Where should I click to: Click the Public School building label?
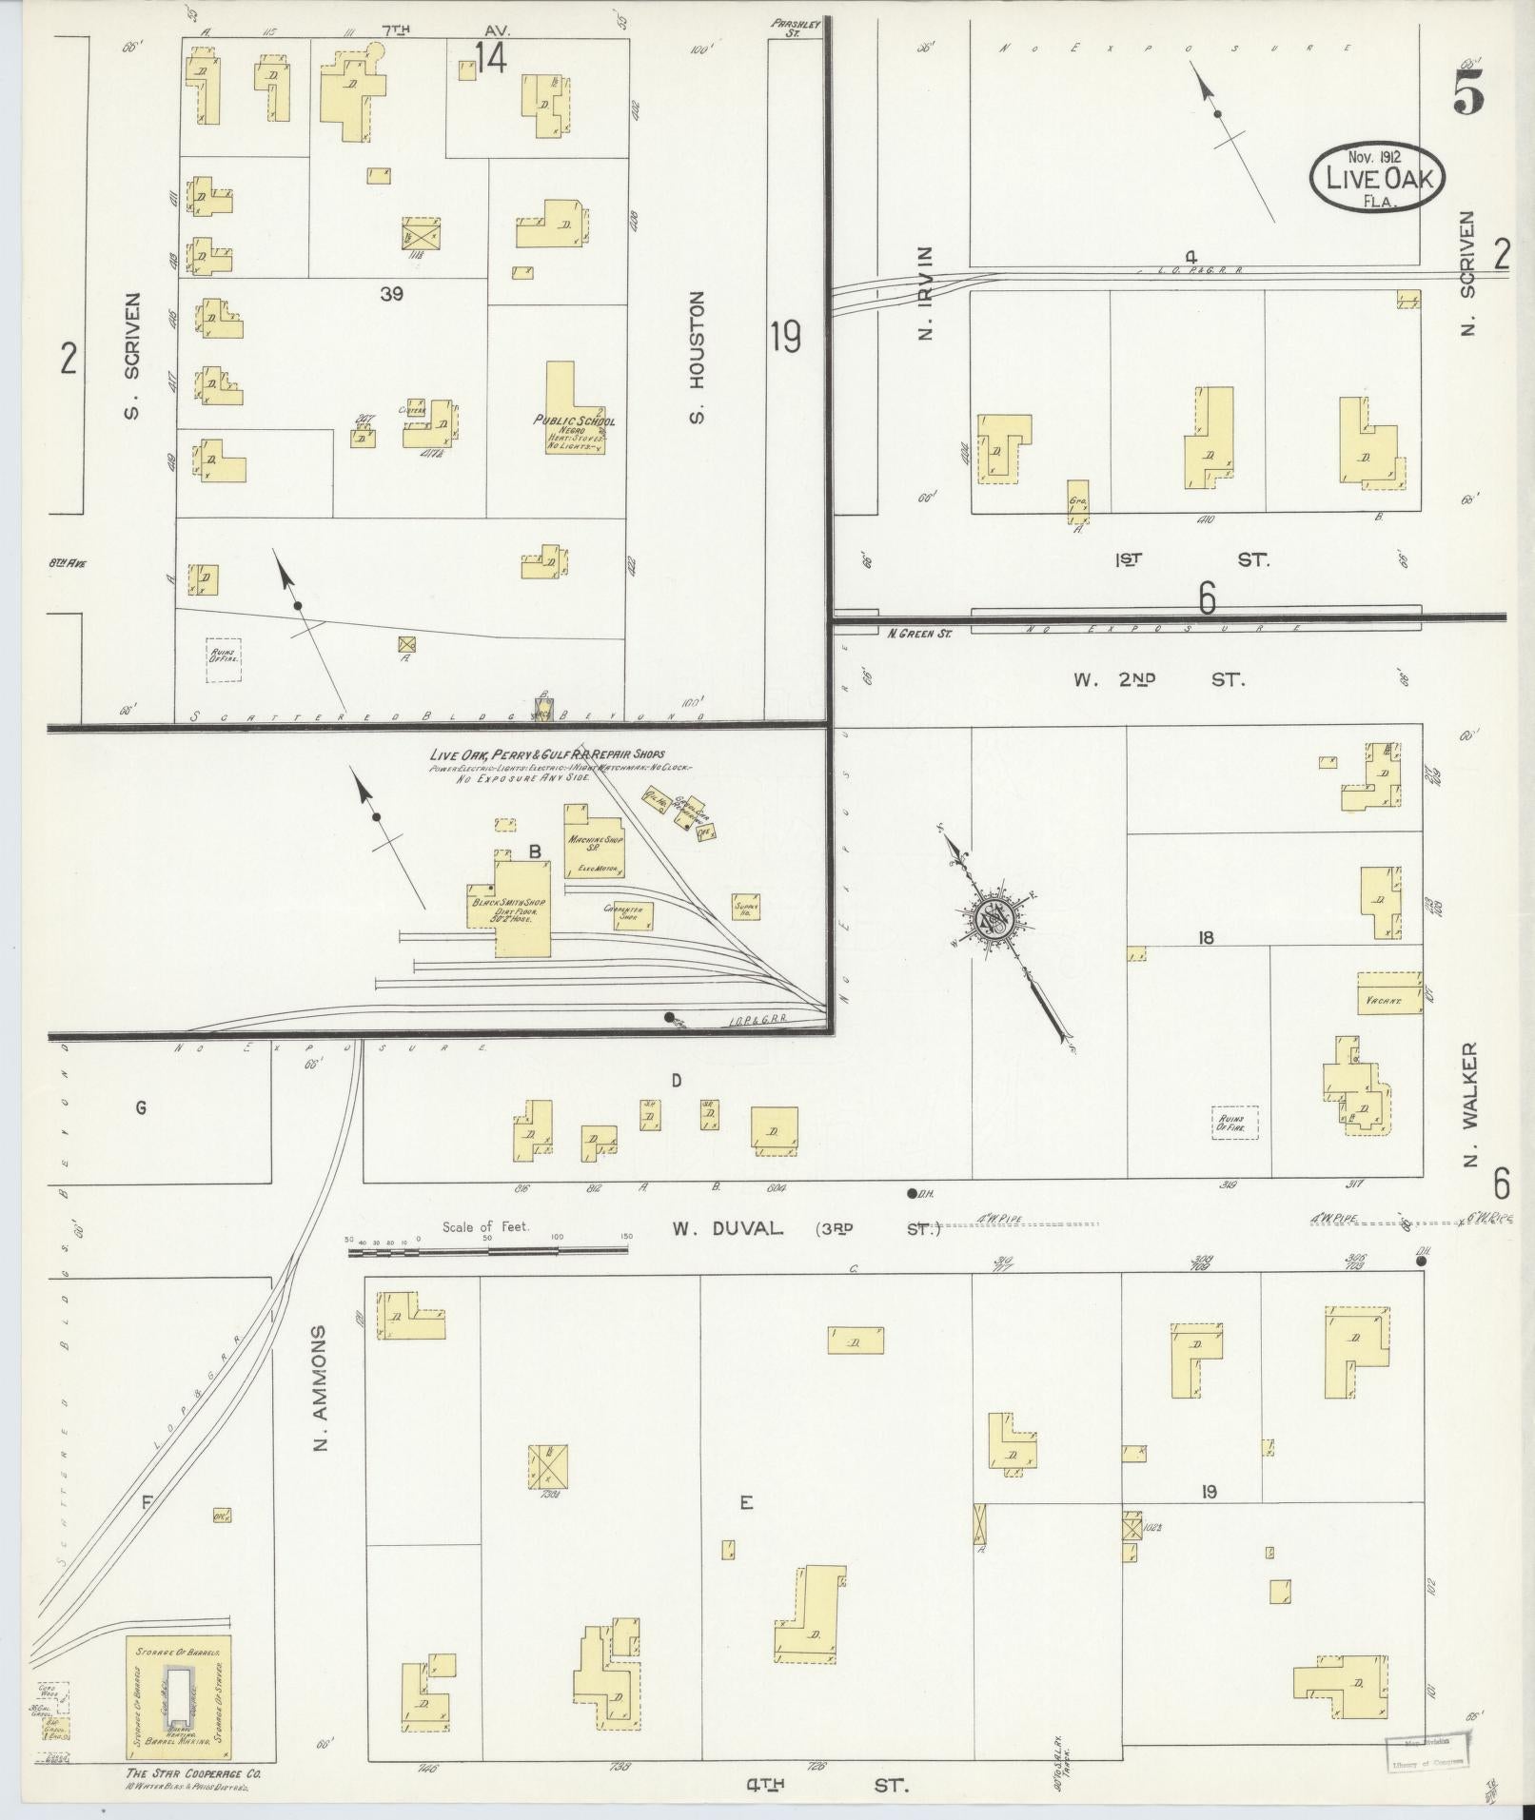click(x=575, y=421)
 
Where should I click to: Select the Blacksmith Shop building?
click(x=522, y=908)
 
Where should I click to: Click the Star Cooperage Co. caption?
click(x=192, y=1775)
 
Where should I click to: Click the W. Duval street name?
click(x=728, y=1228)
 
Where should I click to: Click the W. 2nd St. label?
click(x=1157, y=679)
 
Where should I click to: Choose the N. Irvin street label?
click(x=927, y=293)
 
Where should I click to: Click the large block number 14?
click(x=491, y=59)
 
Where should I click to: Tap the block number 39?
click(x=392, y=295)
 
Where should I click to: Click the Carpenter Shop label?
click(x=623, y=911)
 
